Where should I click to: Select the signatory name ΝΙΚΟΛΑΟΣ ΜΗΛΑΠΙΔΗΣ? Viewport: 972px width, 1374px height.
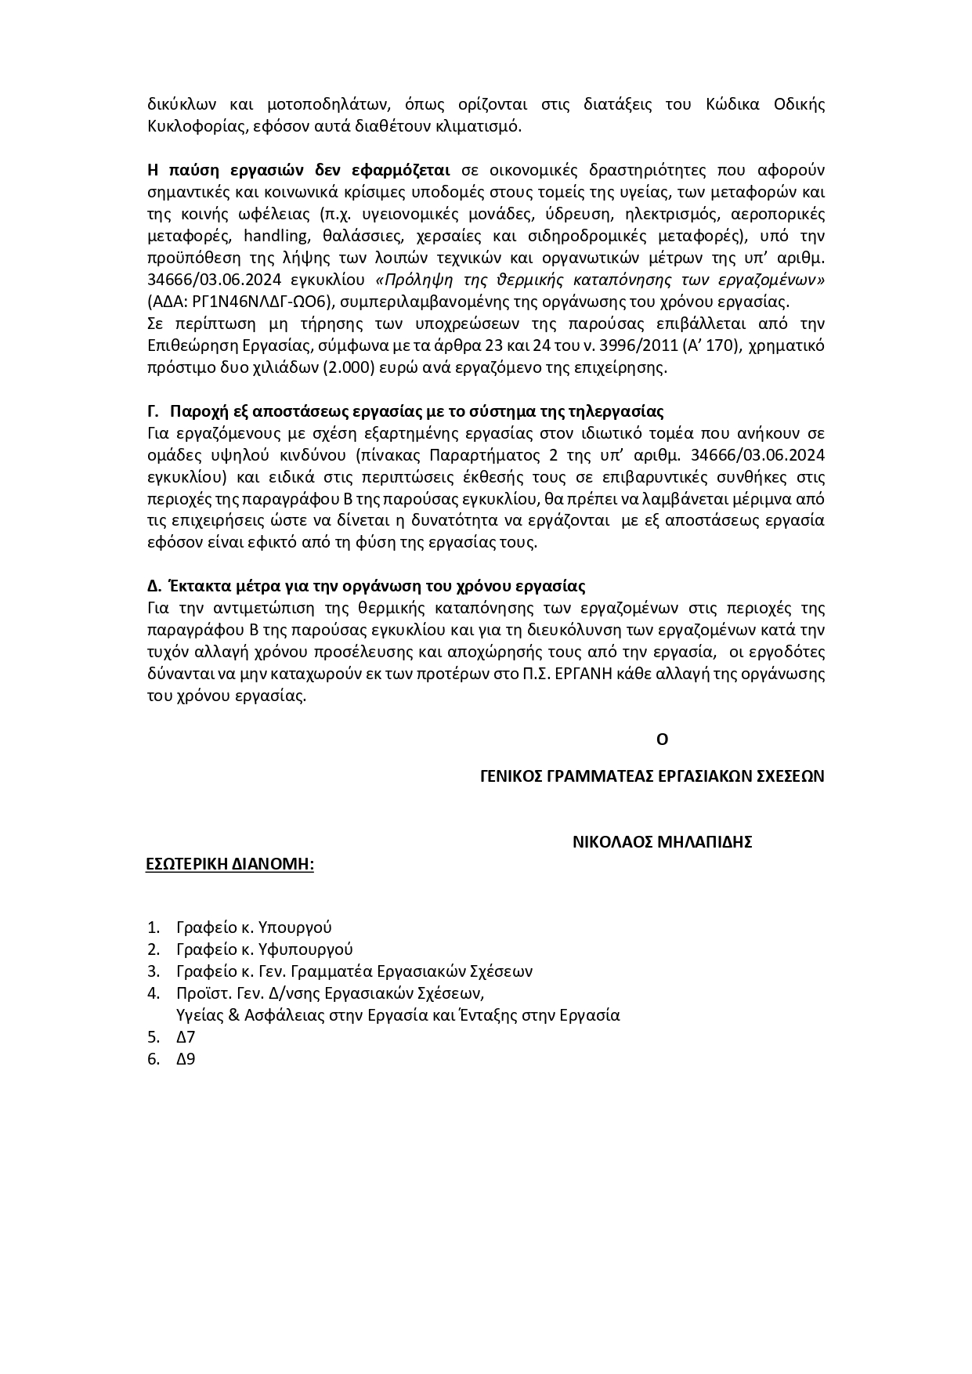coord(662,842)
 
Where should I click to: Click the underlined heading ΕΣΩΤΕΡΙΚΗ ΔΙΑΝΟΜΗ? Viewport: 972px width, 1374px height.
coord(230,864)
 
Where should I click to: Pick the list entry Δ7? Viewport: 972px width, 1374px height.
coord(186,1037)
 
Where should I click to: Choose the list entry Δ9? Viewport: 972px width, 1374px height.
coord(186,1059)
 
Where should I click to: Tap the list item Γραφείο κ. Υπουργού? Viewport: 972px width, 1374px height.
coord(254,927)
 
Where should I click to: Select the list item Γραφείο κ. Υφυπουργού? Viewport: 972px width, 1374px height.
coord(265,949)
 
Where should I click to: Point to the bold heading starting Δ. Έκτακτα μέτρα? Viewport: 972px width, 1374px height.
coord(366,586)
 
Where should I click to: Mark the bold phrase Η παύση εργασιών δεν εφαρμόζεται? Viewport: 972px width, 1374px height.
coord(298,170)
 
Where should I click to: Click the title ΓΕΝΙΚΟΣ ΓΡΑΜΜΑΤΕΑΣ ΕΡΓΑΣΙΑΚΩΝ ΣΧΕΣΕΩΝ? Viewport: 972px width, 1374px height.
coord(652,776)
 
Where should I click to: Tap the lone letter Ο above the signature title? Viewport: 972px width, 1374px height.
coord(662,739)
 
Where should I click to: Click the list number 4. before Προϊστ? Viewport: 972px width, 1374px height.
coord(154,993)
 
